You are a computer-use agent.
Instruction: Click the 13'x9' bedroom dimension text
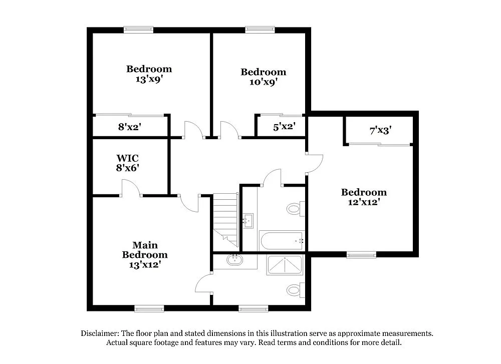[149, 79]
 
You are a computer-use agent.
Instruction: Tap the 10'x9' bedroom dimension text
[263, 82]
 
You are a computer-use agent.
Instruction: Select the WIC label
[127, 158]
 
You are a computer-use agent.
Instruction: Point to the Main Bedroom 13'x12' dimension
[145, 265]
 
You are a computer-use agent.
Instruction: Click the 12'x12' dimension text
[364, 202]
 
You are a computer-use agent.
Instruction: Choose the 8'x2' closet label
[129, 127]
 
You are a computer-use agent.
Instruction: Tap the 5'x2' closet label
[284, 127]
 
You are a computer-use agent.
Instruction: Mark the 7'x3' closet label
[380, 131]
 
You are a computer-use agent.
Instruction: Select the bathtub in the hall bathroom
[282, 241]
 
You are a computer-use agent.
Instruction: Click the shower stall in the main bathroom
[285, 265]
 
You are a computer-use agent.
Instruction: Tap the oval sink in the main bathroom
[234, 260]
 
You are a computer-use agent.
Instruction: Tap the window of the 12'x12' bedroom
[361, 254]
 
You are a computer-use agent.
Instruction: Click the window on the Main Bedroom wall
[149, 308]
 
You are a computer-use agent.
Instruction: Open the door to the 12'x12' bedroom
[315, 163]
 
